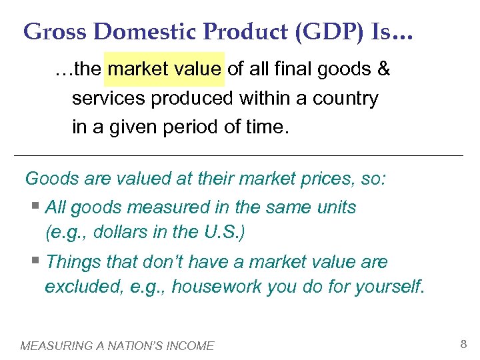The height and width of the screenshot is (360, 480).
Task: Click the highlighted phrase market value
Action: tap(165, 69)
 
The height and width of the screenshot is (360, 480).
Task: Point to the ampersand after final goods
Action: tap(383, 69)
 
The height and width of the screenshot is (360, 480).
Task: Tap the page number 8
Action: tap(463, 345)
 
